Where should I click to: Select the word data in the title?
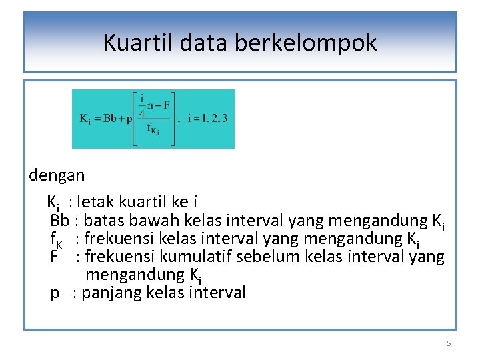point(197,43)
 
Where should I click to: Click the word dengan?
point(57,176)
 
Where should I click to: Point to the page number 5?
point(449,343)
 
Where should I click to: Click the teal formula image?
point(153,119)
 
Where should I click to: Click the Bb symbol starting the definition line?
point(59,220)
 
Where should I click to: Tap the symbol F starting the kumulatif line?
point(54,257)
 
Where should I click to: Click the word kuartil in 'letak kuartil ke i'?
point(145,201)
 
